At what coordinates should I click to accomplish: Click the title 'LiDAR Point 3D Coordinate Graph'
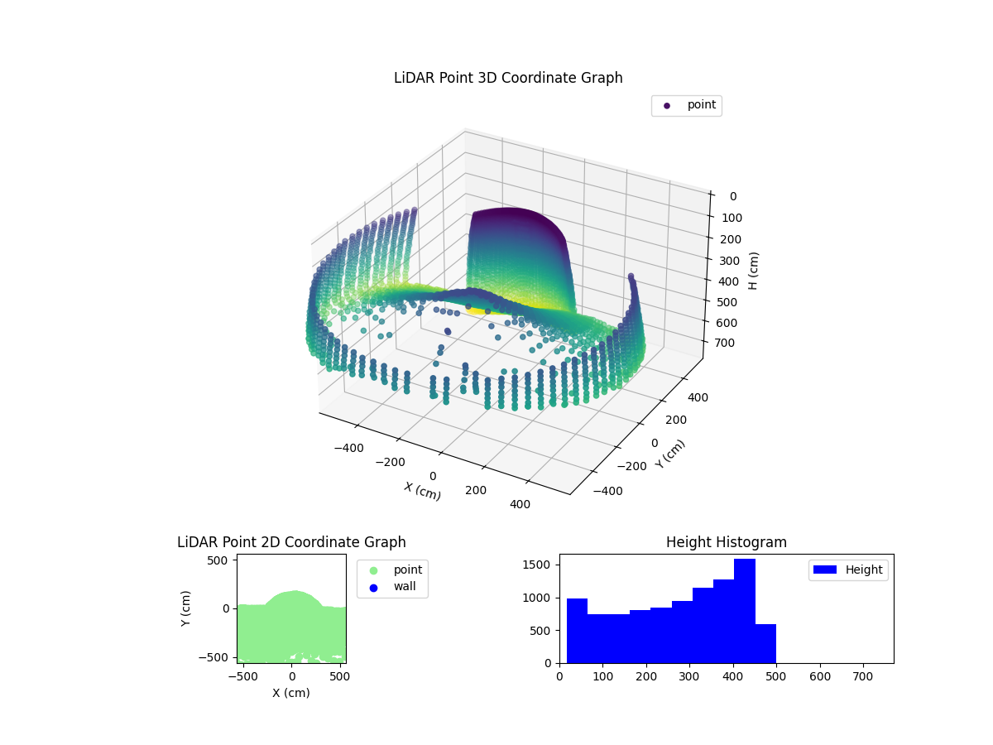click(508, 78)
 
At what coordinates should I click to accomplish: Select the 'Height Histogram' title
click(726, 542)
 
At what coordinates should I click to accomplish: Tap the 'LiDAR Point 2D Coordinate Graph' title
click(291, 542)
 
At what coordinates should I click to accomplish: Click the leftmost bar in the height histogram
click(577, 630)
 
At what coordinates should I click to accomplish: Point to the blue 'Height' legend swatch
click(827, 570)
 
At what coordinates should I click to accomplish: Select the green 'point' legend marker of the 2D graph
click(373, 570)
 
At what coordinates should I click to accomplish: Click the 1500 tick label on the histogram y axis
click(538, 565)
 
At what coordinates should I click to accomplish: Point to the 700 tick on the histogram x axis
click(864, 675)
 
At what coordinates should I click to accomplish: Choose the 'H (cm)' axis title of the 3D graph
click(754, 270)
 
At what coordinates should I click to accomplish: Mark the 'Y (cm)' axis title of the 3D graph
click(670, 454)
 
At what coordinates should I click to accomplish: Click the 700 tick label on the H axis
click(731, 344)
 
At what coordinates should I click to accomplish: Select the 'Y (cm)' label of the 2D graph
click(186, 608)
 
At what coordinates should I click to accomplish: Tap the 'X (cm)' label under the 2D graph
click(291, 693)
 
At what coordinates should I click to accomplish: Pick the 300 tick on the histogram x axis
click(689, 675)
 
